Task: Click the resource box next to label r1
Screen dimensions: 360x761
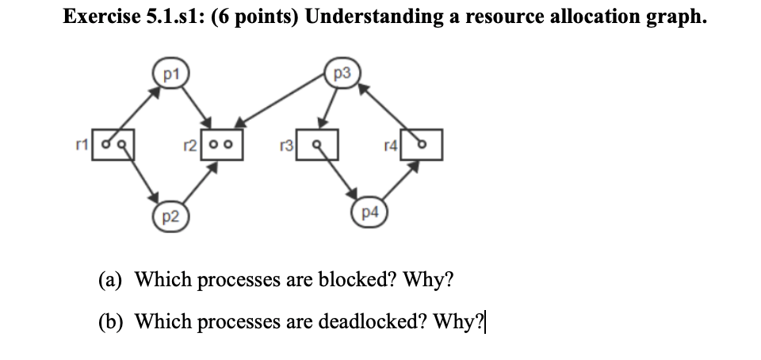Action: coord(115,145)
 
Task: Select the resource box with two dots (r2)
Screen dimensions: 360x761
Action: coord(220,145)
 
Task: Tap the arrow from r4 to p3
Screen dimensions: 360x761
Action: coord(386,103)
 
